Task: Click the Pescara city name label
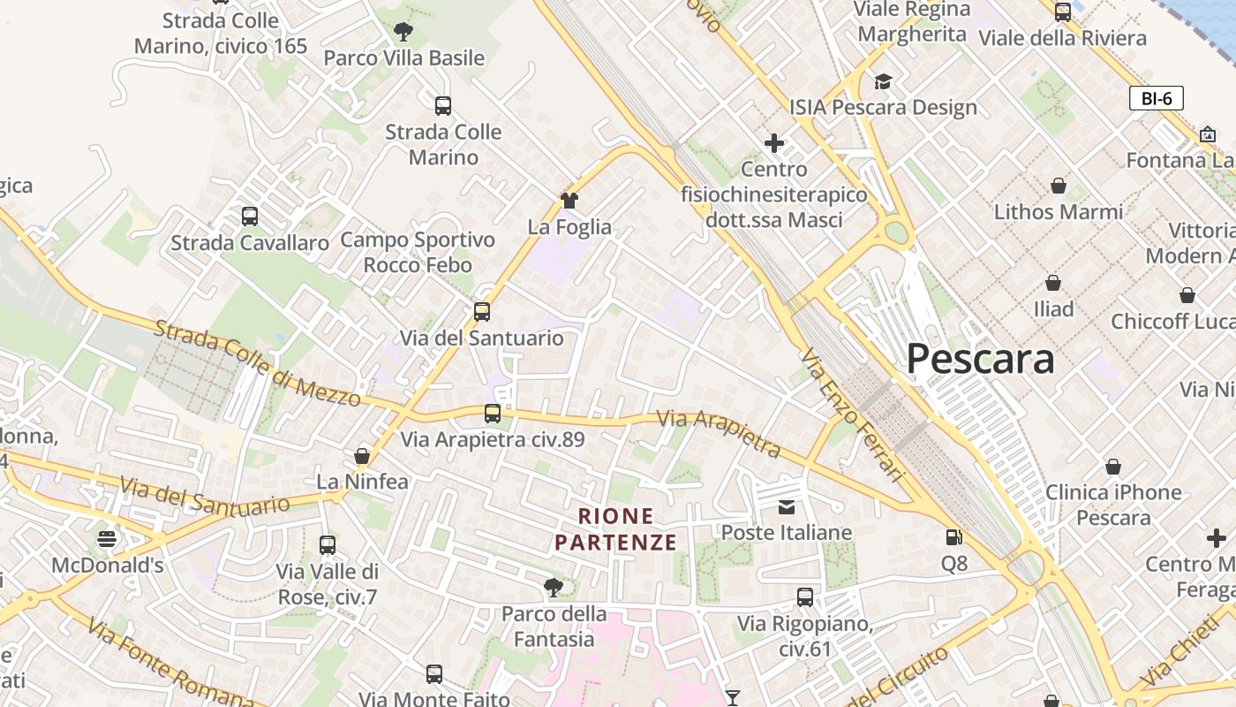(980, 359)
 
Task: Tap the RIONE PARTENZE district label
(615, 528)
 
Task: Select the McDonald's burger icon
(107, 538)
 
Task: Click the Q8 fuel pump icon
(953, 536)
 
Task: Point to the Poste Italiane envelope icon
(786, 506)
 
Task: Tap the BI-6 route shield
(1156, 98)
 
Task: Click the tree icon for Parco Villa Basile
(403, 33)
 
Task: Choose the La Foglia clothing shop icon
(569, 201)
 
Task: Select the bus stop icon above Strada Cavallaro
(250, 216)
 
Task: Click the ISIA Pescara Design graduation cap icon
(883, 82)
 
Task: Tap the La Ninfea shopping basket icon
(362, 456)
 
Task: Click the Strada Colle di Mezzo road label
(258, 363)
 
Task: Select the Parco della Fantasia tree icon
(554, 587)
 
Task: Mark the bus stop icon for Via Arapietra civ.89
(493, 413)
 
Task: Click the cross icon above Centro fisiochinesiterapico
(774, 143)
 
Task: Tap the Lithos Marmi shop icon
(1058, 186)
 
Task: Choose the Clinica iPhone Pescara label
(1113, 504)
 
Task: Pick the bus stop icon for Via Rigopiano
(805, 597)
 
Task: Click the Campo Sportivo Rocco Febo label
(418, 252)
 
